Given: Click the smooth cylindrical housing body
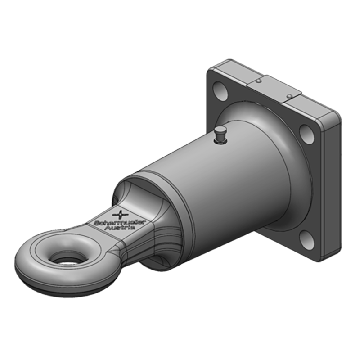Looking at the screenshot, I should click(x=225, y=180).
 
